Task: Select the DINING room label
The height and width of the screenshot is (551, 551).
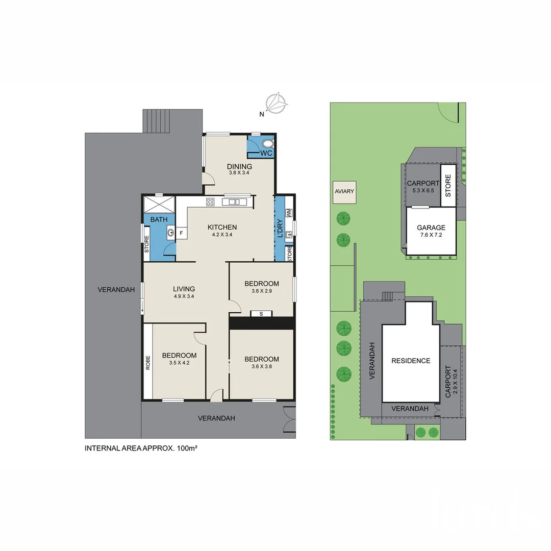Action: [x=240, y=167]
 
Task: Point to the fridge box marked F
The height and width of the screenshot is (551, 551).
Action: [x=181, y=233]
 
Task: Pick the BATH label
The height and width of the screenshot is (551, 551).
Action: [x=159, y=220]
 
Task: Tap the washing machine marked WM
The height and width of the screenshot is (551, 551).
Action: [x=289, y=212]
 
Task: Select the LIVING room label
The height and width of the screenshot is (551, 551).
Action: [x=184, y=289]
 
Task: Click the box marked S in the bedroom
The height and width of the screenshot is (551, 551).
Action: [x=261, y=313]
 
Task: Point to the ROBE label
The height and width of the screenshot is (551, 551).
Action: [x=148, y=362]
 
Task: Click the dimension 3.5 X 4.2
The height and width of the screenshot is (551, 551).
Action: [x=179, y=363]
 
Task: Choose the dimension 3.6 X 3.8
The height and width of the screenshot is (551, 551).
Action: [x=261, y=367]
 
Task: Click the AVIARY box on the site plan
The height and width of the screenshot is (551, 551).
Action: [x=344, y=191]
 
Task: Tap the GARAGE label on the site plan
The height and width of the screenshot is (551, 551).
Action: [x=431, y=228]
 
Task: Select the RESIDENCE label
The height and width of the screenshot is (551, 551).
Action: [x=411, y=361]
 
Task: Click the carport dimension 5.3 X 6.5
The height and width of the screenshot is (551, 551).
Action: [x=423, y=190]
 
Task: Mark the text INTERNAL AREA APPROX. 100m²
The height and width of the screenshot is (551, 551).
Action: [x=141, y=448]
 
